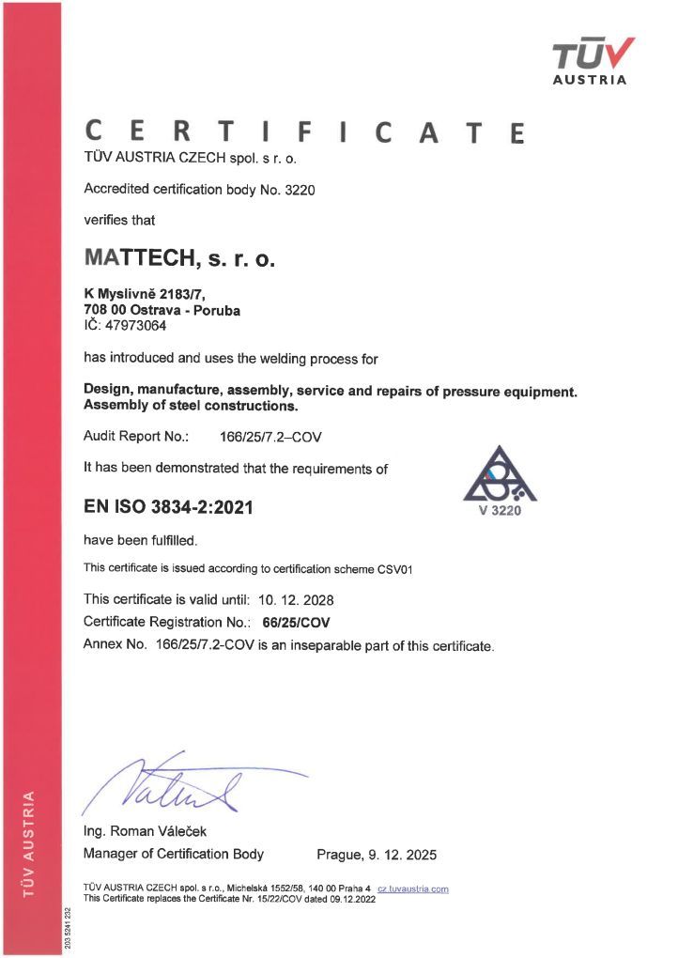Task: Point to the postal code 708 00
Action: pyautogui.click(x=103, y=311)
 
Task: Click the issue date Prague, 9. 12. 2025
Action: pyautogui.click(x=377, y=855)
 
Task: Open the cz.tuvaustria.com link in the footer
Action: pyautogui.click(x=412, y=888)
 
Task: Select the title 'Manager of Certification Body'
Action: pyautogui.click(x=174, y=855)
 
